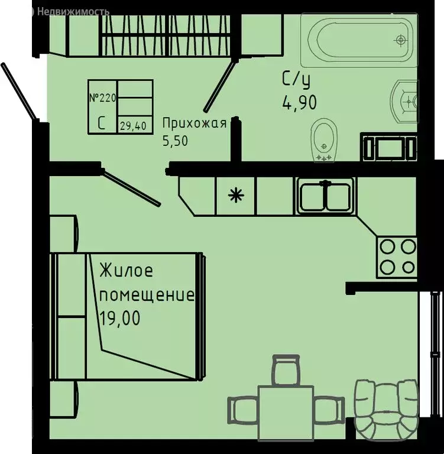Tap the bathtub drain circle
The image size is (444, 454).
coord(401,40)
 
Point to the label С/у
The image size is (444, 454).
coord(296,78)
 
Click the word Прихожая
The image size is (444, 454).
coord(195,123)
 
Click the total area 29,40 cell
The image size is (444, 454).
coord(135,125)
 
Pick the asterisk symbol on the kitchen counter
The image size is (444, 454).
coord(235,195)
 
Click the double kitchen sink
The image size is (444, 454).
coord(325,195)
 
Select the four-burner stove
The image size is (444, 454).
coord(397,255)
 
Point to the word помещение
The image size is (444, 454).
coord(146,294)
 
